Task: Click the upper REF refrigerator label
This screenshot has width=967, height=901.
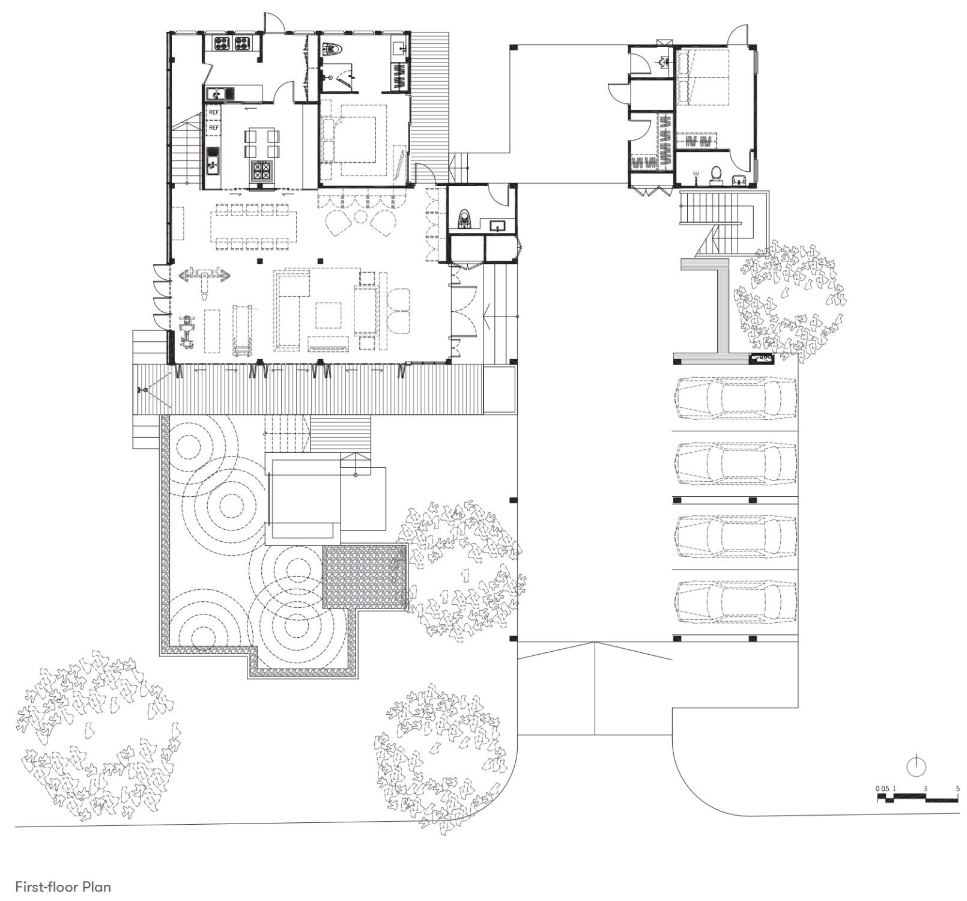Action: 214,112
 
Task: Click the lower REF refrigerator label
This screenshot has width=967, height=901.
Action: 214,128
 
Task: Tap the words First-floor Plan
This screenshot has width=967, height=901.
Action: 63,887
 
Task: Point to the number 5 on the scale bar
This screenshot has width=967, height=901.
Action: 957,789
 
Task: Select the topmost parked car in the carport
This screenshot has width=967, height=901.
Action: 736,398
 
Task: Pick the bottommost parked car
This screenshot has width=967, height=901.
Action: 736,601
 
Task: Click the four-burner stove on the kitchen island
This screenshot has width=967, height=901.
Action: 261,171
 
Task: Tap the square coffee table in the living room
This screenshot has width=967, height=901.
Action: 329,315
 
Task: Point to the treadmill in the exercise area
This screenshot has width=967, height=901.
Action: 242,330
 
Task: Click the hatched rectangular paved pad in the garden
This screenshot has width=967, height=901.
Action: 365,577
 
